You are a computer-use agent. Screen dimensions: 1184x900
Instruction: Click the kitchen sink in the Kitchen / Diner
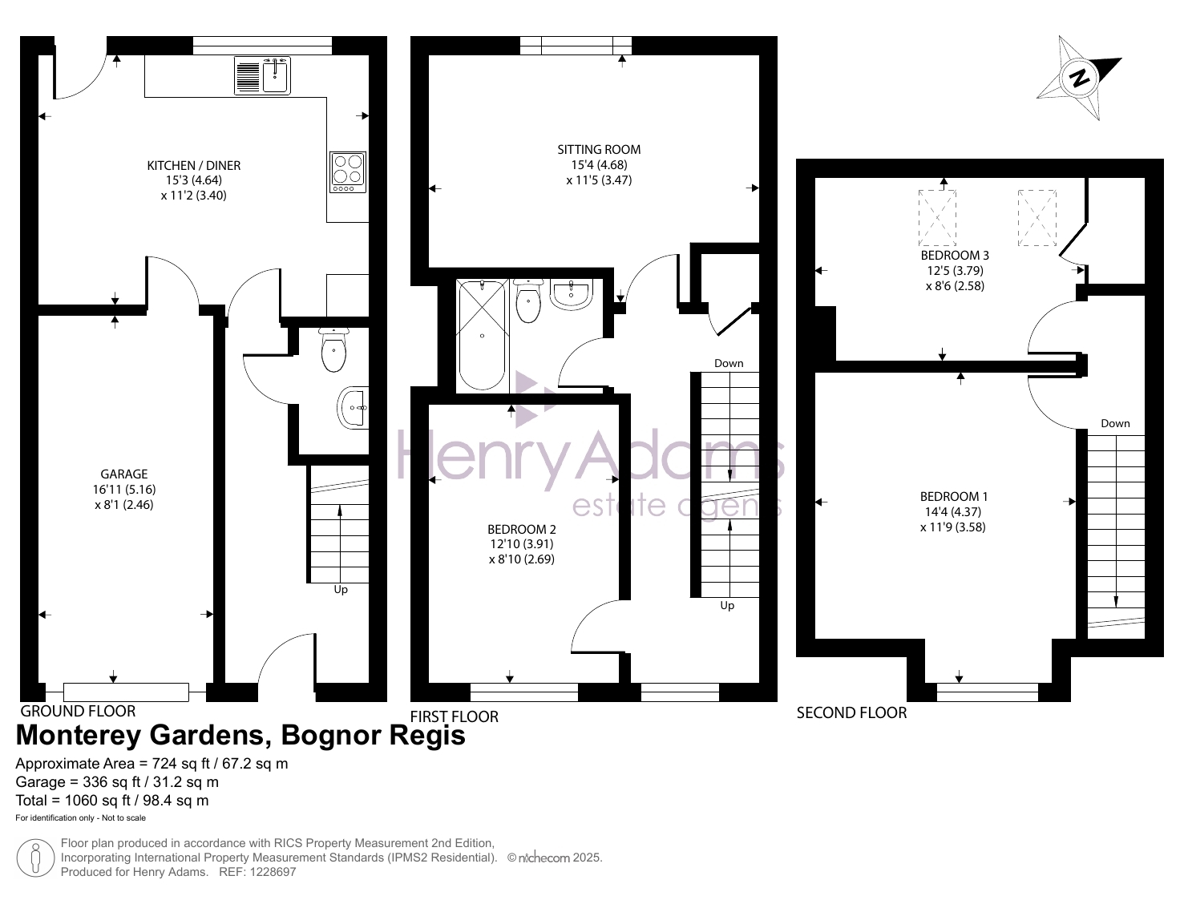click(262, 75)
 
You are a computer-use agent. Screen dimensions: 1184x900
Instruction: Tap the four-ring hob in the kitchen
click(348, 172)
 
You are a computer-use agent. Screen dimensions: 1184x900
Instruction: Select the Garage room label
click(124, 474)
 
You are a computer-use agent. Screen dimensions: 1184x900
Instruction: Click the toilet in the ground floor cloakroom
click(334, 349)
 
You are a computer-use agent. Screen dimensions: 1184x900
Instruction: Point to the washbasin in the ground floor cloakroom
click(354, 408)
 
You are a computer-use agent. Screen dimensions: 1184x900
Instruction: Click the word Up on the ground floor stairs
click(341, 589)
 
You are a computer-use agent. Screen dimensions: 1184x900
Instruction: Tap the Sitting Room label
click(599, 149)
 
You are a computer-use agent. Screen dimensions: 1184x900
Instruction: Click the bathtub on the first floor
click(483, 334)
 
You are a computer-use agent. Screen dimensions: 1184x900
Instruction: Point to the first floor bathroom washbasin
click(572, 294)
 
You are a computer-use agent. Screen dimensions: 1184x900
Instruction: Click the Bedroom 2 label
click(522, 529)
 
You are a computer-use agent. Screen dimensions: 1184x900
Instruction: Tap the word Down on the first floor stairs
click(729, 363)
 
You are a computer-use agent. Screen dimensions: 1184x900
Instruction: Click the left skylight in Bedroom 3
click(937, 218)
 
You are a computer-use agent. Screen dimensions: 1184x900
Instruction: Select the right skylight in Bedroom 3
click(1037, 218)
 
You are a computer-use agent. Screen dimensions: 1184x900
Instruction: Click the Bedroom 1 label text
click(953, 496)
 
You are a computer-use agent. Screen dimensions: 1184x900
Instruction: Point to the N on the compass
click(1079, 79)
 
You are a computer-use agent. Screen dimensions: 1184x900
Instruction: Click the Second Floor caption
click(851, 713)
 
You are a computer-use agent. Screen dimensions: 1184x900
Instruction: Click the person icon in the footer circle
click(35, 858)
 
